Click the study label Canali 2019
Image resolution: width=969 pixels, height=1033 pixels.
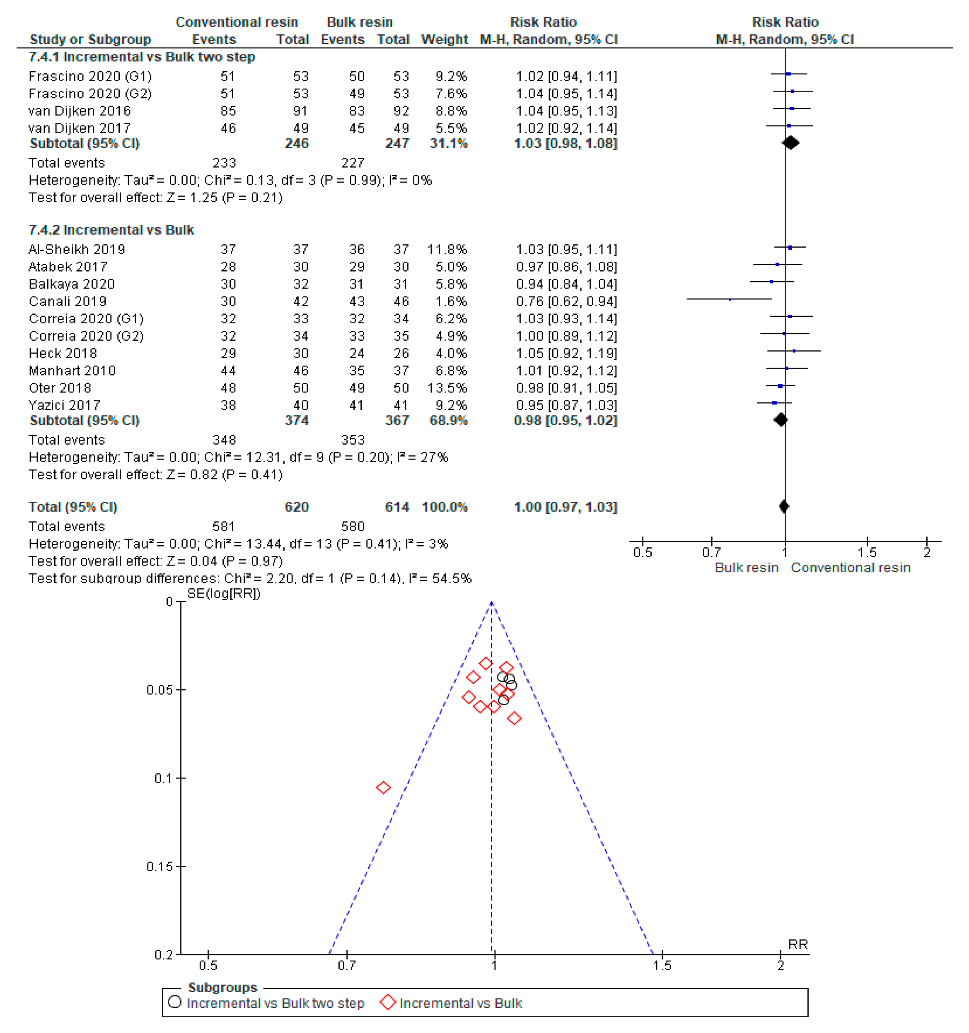click(67, 301)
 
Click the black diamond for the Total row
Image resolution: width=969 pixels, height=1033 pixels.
click(784, 506)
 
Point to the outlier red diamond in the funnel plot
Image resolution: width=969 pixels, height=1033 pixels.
click(383, 788)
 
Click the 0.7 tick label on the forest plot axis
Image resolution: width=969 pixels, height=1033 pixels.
click(711, 552)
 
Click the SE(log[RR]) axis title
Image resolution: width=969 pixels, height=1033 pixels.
click(224, 593)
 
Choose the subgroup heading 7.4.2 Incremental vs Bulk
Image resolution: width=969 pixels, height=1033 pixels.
click(111, 230)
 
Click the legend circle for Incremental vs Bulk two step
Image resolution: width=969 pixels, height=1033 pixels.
click(175, 1002)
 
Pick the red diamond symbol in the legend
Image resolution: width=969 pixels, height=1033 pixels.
click(388, 1002)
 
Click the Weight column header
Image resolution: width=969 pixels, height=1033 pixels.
click(445, 39)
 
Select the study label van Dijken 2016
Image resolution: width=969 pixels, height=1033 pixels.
click(80, 111)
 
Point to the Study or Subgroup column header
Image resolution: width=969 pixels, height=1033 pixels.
click(90, 39)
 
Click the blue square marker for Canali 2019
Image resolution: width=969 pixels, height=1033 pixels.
click(730, 299)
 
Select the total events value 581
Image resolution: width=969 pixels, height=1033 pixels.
click(224, 526)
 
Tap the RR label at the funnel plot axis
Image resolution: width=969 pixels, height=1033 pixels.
click(797, 944)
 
